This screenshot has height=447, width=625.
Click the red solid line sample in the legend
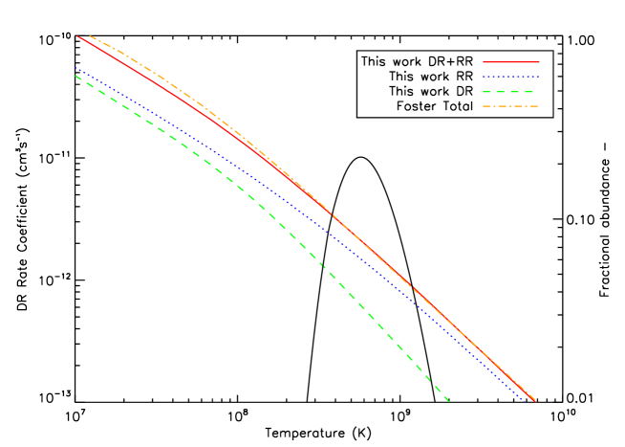tap(510, 62)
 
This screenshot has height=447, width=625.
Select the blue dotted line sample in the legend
tap(510, 77)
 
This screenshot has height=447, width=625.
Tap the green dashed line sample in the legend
tap(510, 91)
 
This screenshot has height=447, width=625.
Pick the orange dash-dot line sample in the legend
tap(510, 105)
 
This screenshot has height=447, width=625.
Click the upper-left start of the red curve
tap(77, 36)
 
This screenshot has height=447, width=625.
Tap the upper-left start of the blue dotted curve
tap(75, 68)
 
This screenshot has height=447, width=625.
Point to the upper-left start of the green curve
tap(75, 77)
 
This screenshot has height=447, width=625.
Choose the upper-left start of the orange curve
tap(89, 36)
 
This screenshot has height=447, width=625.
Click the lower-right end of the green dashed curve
tap(448, 400)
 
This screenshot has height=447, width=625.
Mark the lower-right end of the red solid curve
tap(535, 400)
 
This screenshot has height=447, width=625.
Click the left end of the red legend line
tap(484, 62)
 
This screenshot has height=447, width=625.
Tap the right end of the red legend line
tap(538, 62)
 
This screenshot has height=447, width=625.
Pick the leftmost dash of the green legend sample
tap(487, 91)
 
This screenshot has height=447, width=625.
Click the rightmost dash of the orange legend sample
tap(532, 105)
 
